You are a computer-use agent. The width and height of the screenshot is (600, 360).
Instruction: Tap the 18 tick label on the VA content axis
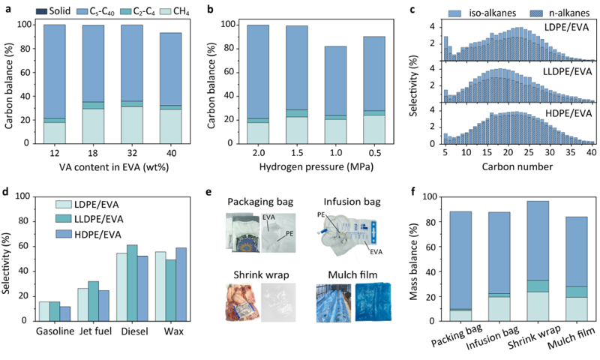[x=93, y=153]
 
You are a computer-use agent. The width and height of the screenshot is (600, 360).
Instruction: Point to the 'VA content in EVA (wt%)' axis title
[x=114, y=167]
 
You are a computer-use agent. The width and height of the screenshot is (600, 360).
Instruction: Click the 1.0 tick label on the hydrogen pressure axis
[x=336, y=153]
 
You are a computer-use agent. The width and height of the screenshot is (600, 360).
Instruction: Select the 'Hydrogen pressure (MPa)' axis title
[x=316, y=167]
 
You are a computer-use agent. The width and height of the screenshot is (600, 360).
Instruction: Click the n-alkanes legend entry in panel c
[x=559, y=13]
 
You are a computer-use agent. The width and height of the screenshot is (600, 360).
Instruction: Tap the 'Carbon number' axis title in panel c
[x=517, y=166]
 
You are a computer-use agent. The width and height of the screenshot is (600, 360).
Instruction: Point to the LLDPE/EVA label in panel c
[x=567, y=71]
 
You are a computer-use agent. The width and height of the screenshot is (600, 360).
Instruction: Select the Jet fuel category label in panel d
[x=95, y=331]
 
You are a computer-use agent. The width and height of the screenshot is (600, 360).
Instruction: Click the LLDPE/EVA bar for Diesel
[x=132, y=283]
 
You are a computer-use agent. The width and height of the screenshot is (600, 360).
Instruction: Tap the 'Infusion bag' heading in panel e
[x=352, y=202]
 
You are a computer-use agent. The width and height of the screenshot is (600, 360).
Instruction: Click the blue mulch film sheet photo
[x=373, y=302]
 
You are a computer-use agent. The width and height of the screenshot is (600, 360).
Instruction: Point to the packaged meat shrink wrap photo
[x=242, y=302]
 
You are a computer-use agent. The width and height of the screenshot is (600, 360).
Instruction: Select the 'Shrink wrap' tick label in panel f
[x=534, y=337]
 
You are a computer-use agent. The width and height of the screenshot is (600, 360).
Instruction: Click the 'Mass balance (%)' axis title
[x=414, y=262]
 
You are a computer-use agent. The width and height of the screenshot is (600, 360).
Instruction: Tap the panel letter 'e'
[x=208, y=192]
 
